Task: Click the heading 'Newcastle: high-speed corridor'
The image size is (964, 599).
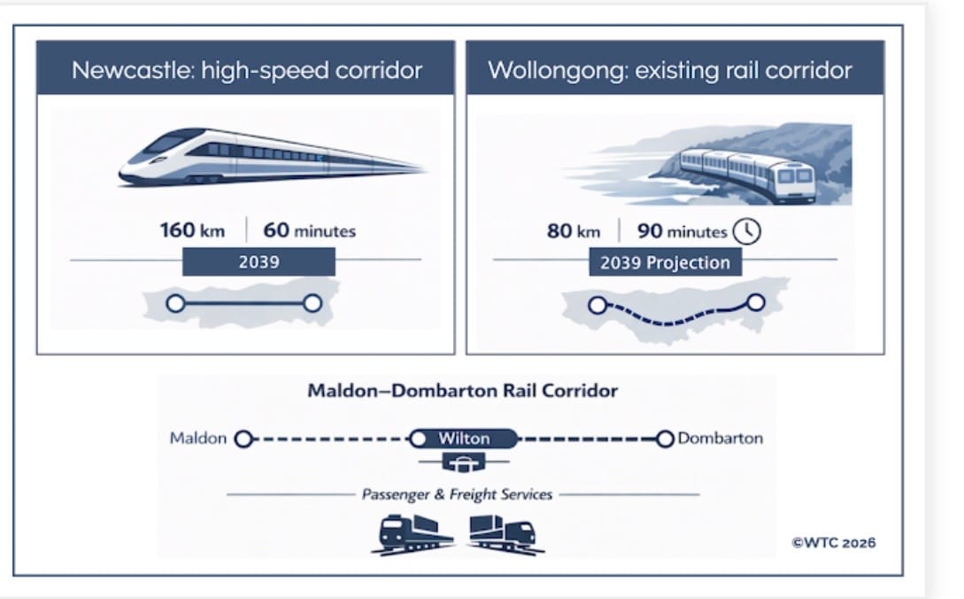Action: click(246, 70)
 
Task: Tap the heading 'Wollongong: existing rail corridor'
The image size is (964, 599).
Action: click(670, 70)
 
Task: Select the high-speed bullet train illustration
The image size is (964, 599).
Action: click(270, 157)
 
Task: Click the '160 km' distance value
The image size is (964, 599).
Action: click(192, 231)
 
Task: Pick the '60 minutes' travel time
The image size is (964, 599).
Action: click(310, 231)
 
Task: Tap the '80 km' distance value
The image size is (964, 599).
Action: click(574, 232)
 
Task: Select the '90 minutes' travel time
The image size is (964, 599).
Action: click(682, 232)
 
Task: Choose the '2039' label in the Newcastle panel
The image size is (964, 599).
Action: click(258, 262)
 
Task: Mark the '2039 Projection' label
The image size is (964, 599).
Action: click(665, 263)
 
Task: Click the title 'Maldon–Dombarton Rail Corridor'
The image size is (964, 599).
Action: click(462, 391)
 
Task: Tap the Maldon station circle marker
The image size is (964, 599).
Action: click(244, 439)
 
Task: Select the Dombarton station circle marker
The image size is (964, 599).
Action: click(665, 439)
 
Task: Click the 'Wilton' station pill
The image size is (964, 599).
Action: click(464, 439)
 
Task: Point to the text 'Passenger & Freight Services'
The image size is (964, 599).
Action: click(457, 494)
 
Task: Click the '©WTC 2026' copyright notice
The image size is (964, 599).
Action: click(834, 542)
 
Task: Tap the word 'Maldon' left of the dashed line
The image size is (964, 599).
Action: click(198, 439)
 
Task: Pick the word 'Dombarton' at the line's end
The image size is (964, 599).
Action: click(720, 439)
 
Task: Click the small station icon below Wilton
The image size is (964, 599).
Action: click(464, 463)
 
